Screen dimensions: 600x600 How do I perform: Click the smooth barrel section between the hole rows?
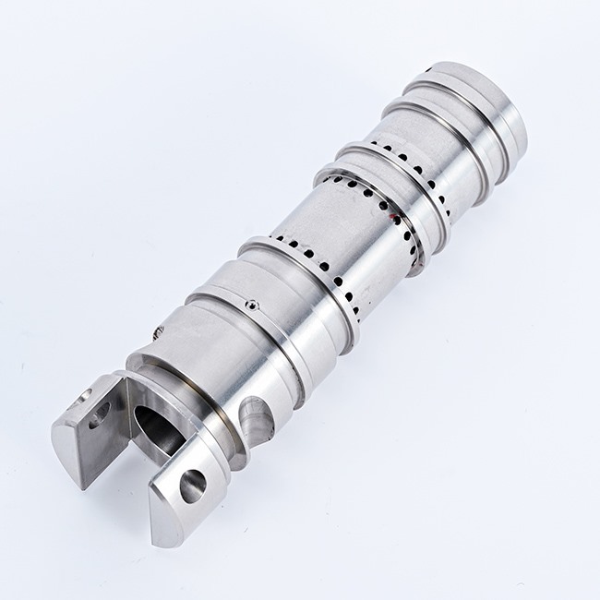click(x=342, y=222)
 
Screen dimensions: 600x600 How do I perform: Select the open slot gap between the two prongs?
click(x=138, y=462)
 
